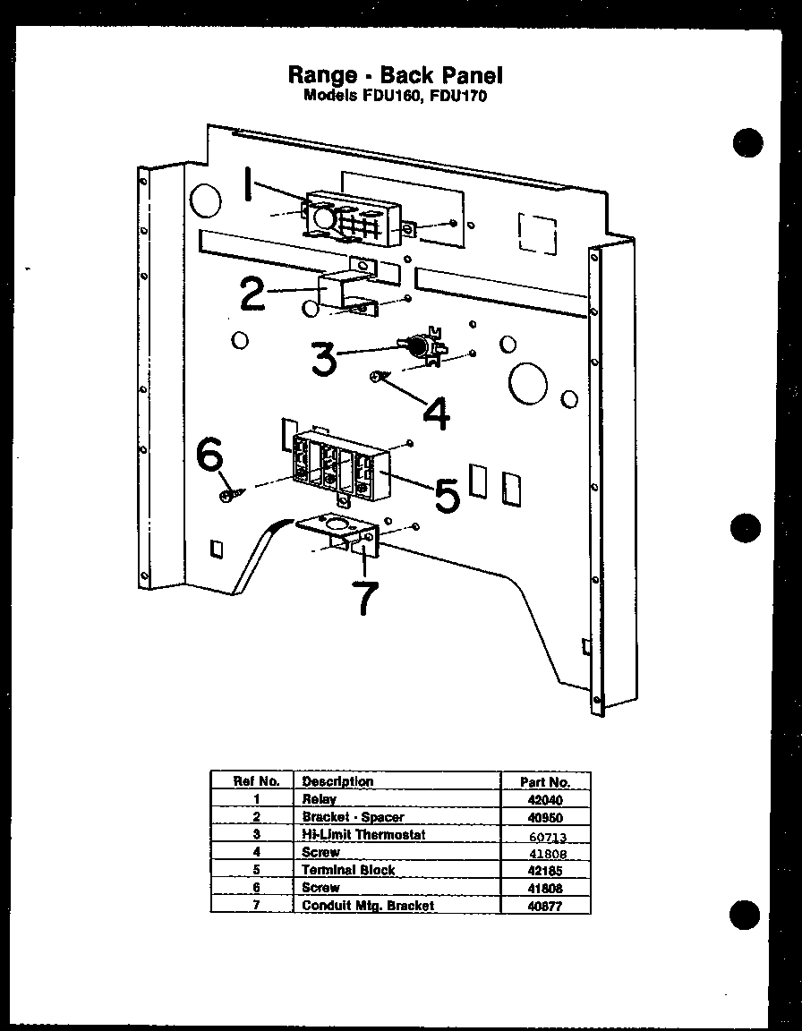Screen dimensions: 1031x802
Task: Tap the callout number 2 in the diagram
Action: [x=253, y=294]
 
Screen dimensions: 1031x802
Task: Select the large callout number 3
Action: [x=324, y=358]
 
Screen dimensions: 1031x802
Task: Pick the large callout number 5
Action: [x=447, y=493]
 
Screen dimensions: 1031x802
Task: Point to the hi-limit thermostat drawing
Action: [x=422, y=347]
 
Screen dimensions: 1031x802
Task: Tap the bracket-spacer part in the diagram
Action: [x=347, y=291]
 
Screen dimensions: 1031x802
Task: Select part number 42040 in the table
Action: [x=545, y=799]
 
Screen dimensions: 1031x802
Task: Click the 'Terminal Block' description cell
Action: [x=348, y=870]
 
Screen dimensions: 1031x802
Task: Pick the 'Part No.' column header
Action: [x=545, y=781]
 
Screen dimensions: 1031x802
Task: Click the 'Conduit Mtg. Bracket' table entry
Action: [x=368, y=906]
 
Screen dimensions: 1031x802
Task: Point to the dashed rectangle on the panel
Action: [x=536, y=235]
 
